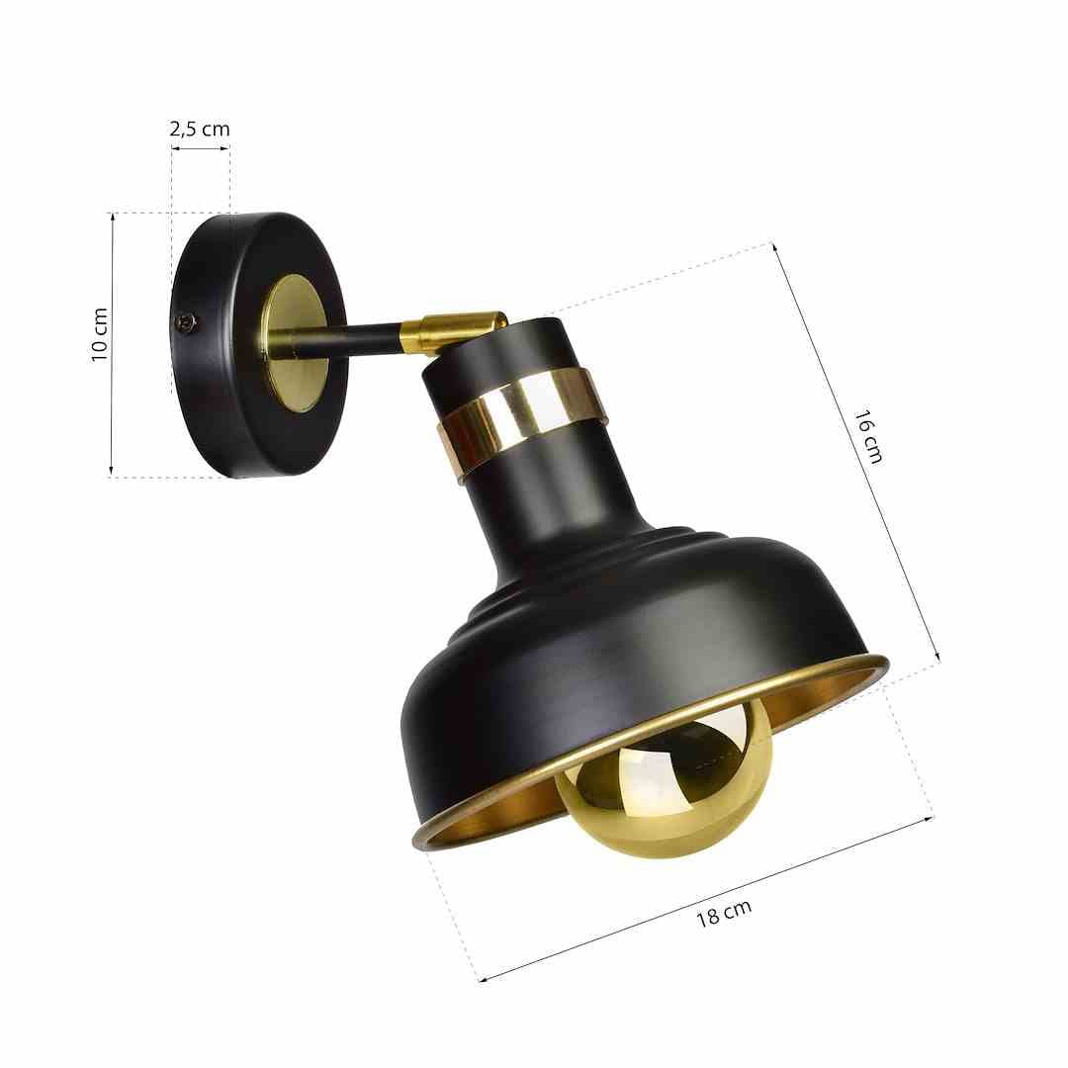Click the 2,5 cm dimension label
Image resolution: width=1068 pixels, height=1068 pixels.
click(200, 129)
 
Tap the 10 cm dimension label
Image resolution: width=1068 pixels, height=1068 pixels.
click(100, 334)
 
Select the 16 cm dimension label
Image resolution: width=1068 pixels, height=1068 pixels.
click(868, 437)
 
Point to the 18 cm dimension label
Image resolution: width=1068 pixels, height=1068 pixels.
click(724, 914)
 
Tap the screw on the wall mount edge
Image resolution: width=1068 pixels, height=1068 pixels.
click(185, 322)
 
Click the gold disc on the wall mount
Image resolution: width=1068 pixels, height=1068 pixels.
click(297, 344)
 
